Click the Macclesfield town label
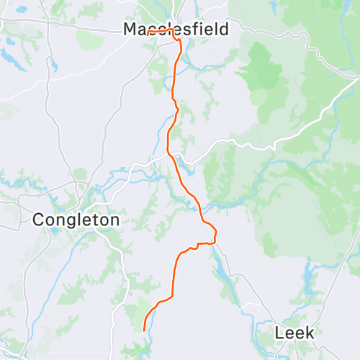click(176, 30)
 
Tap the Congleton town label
click(76, 219)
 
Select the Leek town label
click(295, 333)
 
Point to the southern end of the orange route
click(145, 330)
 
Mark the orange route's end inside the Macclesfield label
click(148, 32)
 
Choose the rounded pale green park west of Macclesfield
click(91, 40)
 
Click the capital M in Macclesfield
click(130, 30)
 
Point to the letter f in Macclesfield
click(197, 30)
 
